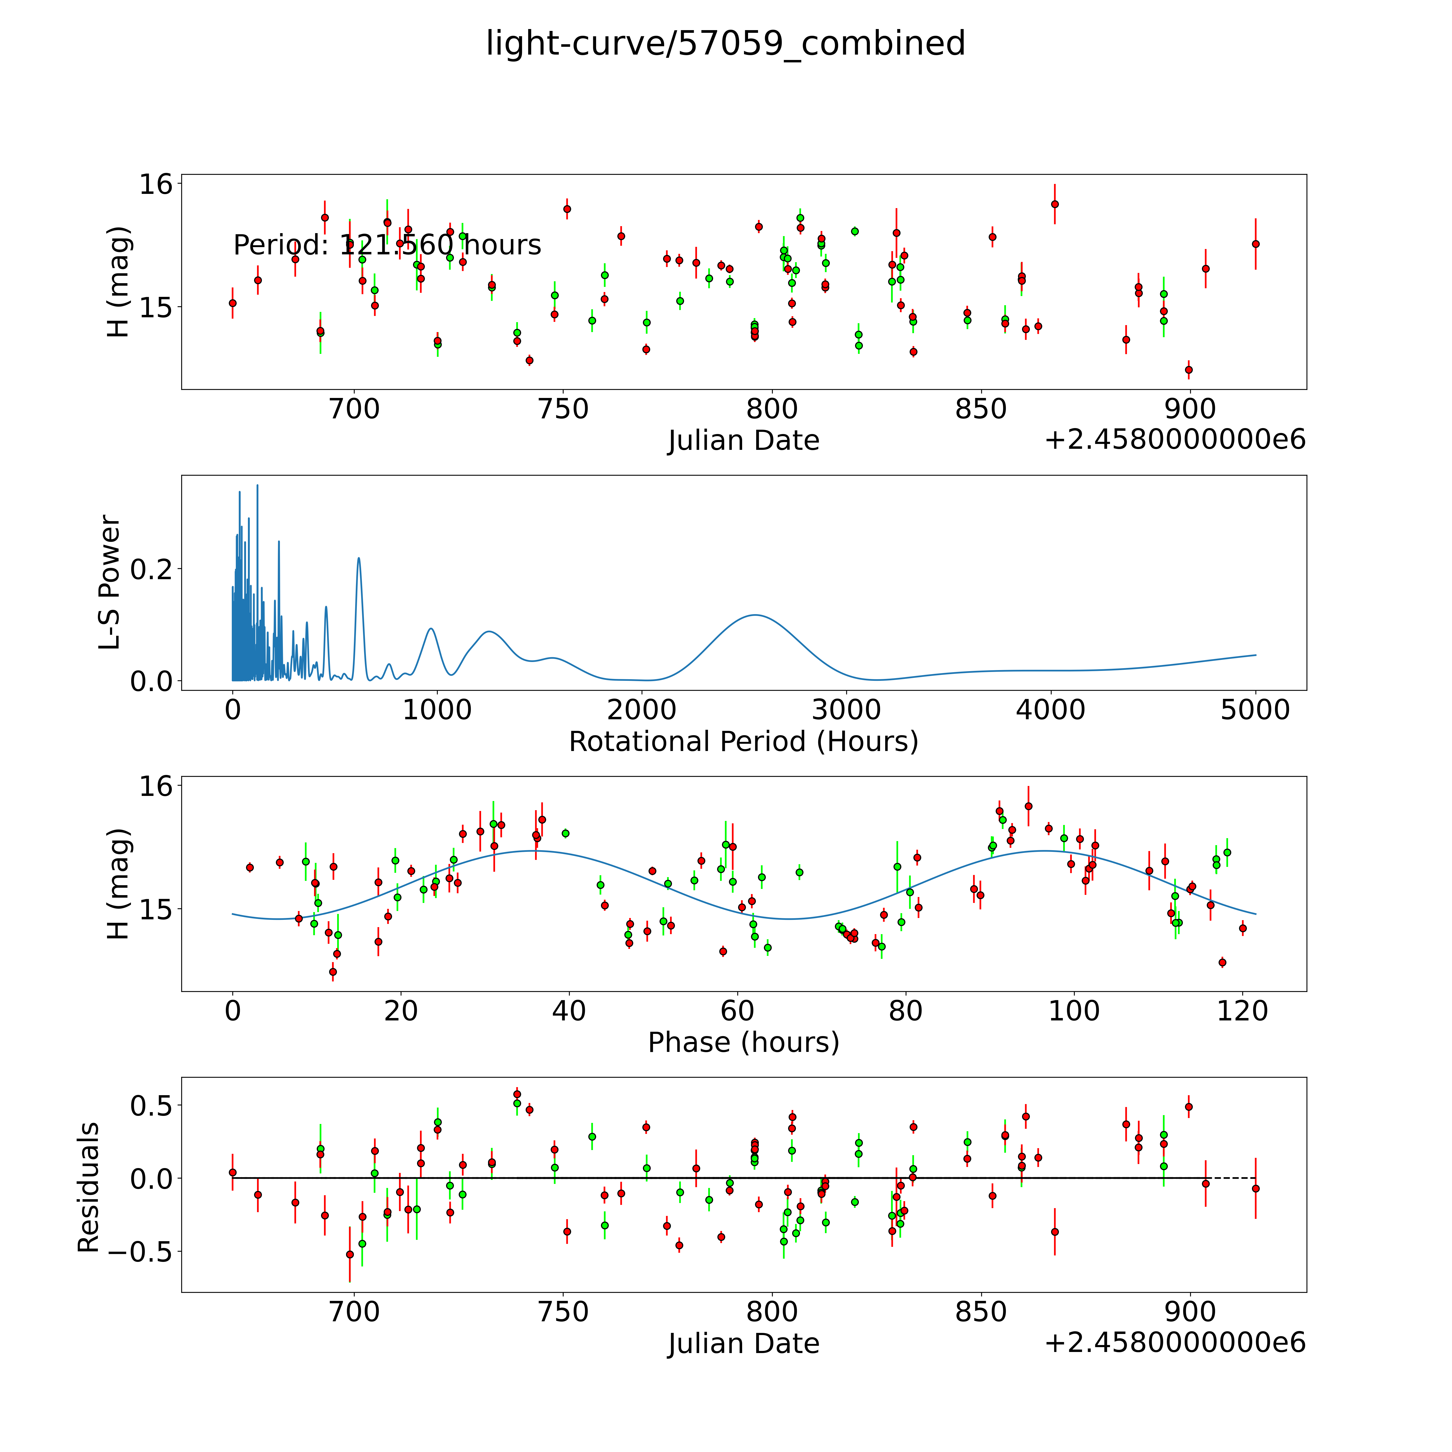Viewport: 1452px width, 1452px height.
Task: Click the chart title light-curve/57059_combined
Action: click(x=725, y=44)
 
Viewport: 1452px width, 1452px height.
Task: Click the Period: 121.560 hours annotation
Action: click(x=387, y=245)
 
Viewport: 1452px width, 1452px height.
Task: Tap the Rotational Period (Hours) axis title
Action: click(x=743, y=742)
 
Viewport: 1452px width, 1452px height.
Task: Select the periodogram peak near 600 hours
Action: click(x=358, y=558)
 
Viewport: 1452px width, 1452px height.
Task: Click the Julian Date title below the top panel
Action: click(x=743, y=440)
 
